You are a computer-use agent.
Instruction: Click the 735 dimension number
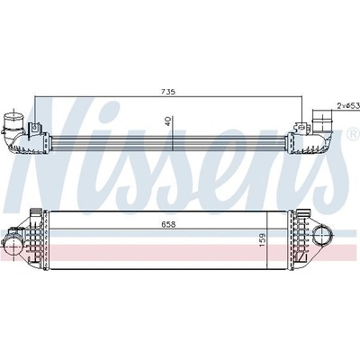click(x=167, y=92)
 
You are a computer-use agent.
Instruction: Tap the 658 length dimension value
click(x=168, y=225)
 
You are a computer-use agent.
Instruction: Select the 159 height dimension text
click(x=262, y=240)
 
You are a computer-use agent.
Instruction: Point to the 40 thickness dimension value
click(x=168, y=121)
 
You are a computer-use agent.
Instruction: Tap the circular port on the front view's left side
click(x=12, y=247)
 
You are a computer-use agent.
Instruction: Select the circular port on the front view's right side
click(x=323, y=236)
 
